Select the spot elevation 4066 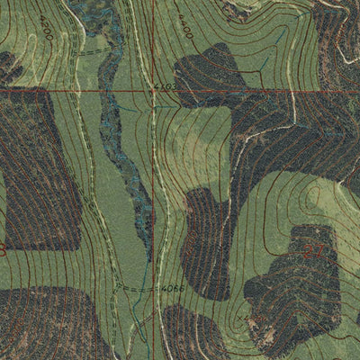[x=173, y=288]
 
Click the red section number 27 [x=312, y=251]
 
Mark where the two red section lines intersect [x=153, y=91]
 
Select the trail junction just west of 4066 [x=148, y=288]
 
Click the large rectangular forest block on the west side [x=40, y=166]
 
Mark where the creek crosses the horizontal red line [x=109, y=91]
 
